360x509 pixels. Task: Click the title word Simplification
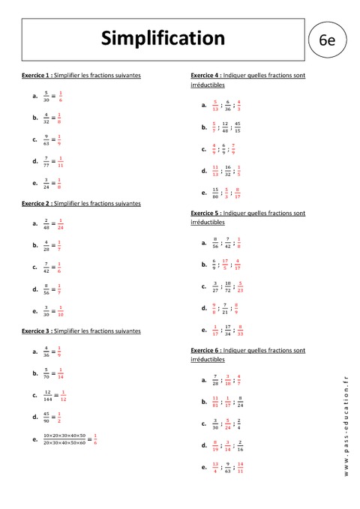click(x=163, y=37)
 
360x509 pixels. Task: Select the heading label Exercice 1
click(x=38, y=76)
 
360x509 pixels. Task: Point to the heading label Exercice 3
click(x=38, y=331)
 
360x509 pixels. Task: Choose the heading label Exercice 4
click(x=206, y=76)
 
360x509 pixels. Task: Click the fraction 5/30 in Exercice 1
click(x=46, y=96)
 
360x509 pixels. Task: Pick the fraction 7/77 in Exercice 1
click(x=46, y=161)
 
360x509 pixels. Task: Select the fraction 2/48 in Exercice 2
click(x=46, y=223)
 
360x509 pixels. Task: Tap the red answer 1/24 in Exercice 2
click(x=61, y=223)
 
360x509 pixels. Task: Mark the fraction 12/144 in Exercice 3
click(x=47, y=394)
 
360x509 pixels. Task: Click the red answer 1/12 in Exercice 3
click(x=64, y=394)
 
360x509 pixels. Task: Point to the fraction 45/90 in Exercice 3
click(x=46, y=416)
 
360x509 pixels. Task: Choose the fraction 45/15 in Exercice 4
click(x=237, y=127)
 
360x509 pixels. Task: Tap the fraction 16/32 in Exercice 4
click(x=228, y=170)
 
